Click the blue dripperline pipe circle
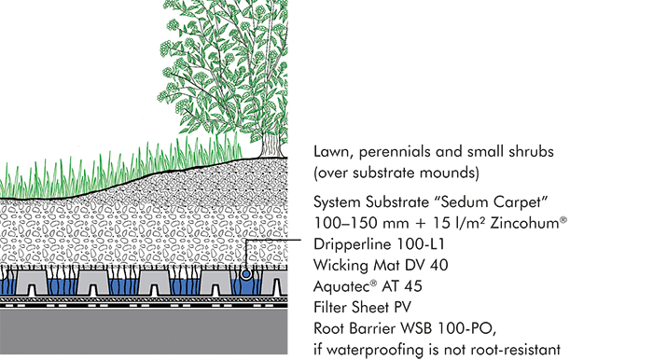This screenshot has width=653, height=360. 245,274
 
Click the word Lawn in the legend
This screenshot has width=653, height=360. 332,152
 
